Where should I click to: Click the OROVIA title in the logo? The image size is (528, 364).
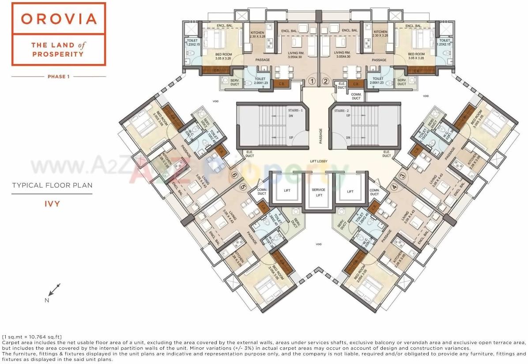pyautogui.click(x=59, y=19)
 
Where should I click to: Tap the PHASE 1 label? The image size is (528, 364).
pyautogui.click(x=59, y=76)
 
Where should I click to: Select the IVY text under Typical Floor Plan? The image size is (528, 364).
pyautogui.click(x=52, y=204)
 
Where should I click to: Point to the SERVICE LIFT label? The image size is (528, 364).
pyautogui.click(x=319, y=192)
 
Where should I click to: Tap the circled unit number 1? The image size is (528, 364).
pyautogui.click(x=312, y=81)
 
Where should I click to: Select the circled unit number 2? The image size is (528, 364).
pyautogui.click(x=325, y=81)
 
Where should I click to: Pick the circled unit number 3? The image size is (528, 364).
pyautogui.click(x=401, y=176)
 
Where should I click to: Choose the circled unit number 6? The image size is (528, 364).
pyautogui.click(x=235, y=175)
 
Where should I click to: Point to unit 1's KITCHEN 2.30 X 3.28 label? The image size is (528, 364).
pyautogui.click(x=257, y=34)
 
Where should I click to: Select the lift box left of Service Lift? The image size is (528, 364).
pyautogui.click(x=286, y=191)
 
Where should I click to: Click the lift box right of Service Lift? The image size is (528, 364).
pyautogui.click(x=351, y=191)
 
